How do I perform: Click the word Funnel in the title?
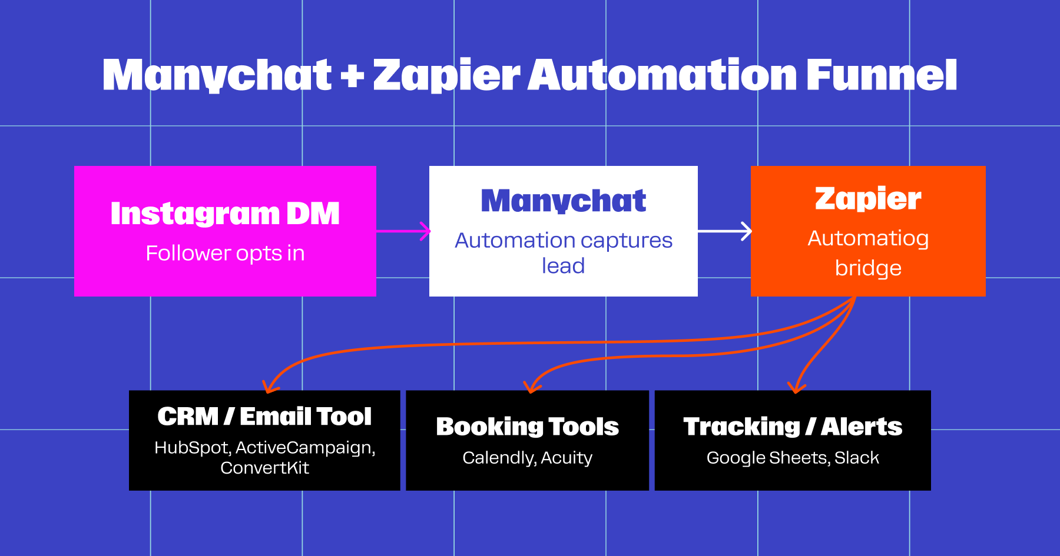coord(881,75)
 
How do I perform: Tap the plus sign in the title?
coord(352,76)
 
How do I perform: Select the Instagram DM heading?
coord(225,213)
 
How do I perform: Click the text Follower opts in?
coord(225,253)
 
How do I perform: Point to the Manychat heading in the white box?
coord(564,201)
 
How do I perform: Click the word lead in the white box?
coord(564,266)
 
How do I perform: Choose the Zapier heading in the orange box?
coord(868,198)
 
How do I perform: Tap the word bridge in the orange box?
coord(868,268)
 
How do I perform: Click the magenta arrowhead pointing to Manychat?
coord(425,231)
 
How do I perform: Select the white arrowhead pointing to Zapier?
coord(746,231)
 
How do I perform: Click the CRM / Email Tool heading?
coord(264,417)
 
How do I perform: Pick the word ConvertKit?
coord(264,468)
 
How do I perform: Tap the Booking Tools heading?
coord(527,427)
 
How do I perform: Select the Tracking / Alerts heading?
coord(793,427)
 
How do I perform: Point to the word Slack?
coord(857,458)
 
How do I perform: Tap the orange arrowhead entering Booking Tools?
coord(531,387)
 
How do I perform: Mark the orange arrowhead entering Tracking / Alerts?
coord(796,387)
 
